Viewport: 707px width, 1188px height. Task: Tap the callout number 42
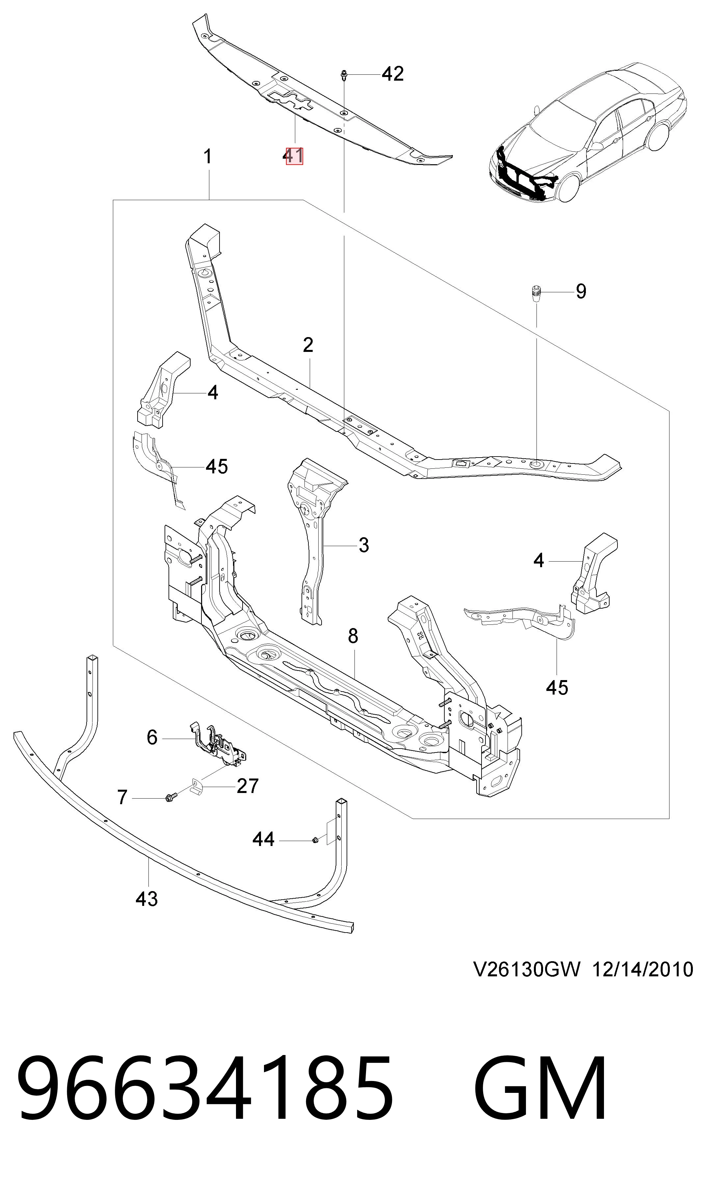tap(393, 74)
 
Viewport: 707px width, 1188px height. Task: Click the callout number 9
tap(581, 291)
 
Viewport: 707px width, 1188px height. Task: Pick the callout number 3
tap(363, 544)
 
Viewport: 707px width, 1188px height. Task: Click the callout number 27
tap(247, 786)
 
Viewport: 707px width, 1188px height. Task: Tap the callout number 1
tap(208, 157)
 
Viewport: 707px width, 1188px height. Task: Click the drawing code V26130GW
tap(527, 982)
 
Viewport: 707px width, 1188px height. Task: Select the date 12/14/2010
tap(642, 982)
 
